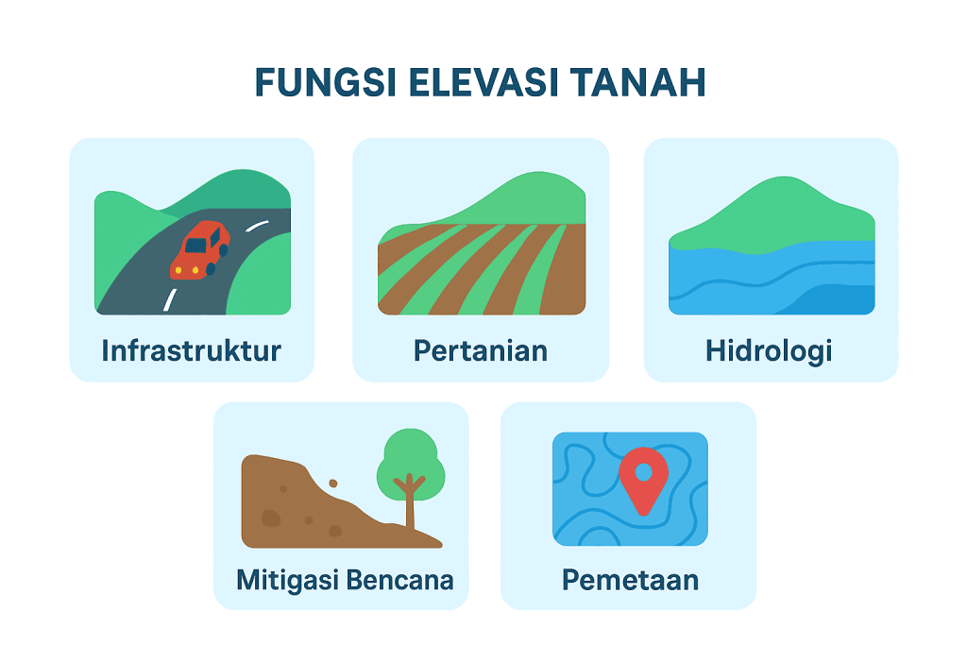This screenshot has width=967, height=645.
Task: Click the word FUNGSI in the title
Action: [325, 82]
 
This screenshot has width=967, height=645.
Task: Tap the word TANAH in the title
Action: [637, 82]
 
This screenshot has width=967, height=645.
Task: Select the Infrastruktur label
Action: [191, 350]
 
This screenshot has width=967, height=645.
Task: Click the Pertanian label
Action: [481, 350]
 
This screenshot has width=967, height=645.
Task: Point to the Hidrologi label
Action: [769, 351]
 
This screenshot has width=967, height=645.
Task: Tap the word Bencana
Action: [399, 580]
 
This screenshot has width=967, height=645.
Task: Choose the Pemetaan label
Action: [630, 580]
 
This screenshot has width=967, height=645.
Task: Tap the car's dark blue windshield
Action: [195, 246]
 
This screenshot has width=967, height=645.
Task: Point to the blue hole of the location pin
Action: [643, 472]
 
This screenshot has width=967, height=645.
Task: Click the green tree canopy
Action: [411, 464]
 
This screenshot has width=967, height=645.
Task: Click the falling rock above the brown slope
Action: [333, 483]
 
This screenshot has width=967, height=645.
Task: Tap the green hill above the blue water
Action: [772, 216]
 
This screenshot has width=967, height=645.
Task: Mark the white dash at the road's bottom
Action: [170, 299]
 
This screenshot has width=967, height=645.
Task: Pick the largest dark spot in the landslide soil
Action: [271, 518]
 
